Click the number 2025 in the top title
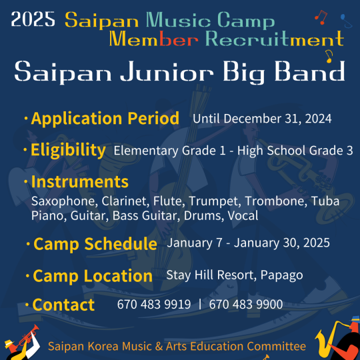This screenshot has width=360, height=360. pos(33,19)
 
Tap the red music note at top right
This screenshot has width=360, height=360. pos(321,17)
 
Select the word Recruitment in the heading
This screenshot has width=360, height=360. pos(275,39)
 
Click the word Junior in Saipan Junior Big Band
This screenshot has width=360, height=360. pos(167,71)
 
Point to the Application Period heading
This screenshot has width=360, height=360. pos(105,119)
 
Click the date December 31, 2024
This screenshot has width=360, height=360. pos(277,119)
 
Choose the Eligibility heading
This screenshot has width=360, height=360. pos(68,150)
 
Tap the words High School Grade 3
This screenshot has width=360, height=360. pos(295,151)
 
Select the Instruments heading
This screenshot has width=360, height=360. pos(80,182)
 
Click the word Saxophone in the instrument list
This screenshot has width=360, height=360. pos(63,201)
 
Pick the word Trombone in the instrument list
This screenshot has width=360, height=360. pos(276,201)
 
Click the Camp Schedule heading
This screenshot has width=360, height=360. pos(95,244)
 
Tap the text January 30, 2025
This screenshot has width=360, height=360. pos(282,243)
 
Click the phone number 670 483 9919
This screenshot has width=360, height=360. pos(154,304)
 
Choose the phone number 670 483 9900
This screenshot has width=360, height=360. pos(245,304)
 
